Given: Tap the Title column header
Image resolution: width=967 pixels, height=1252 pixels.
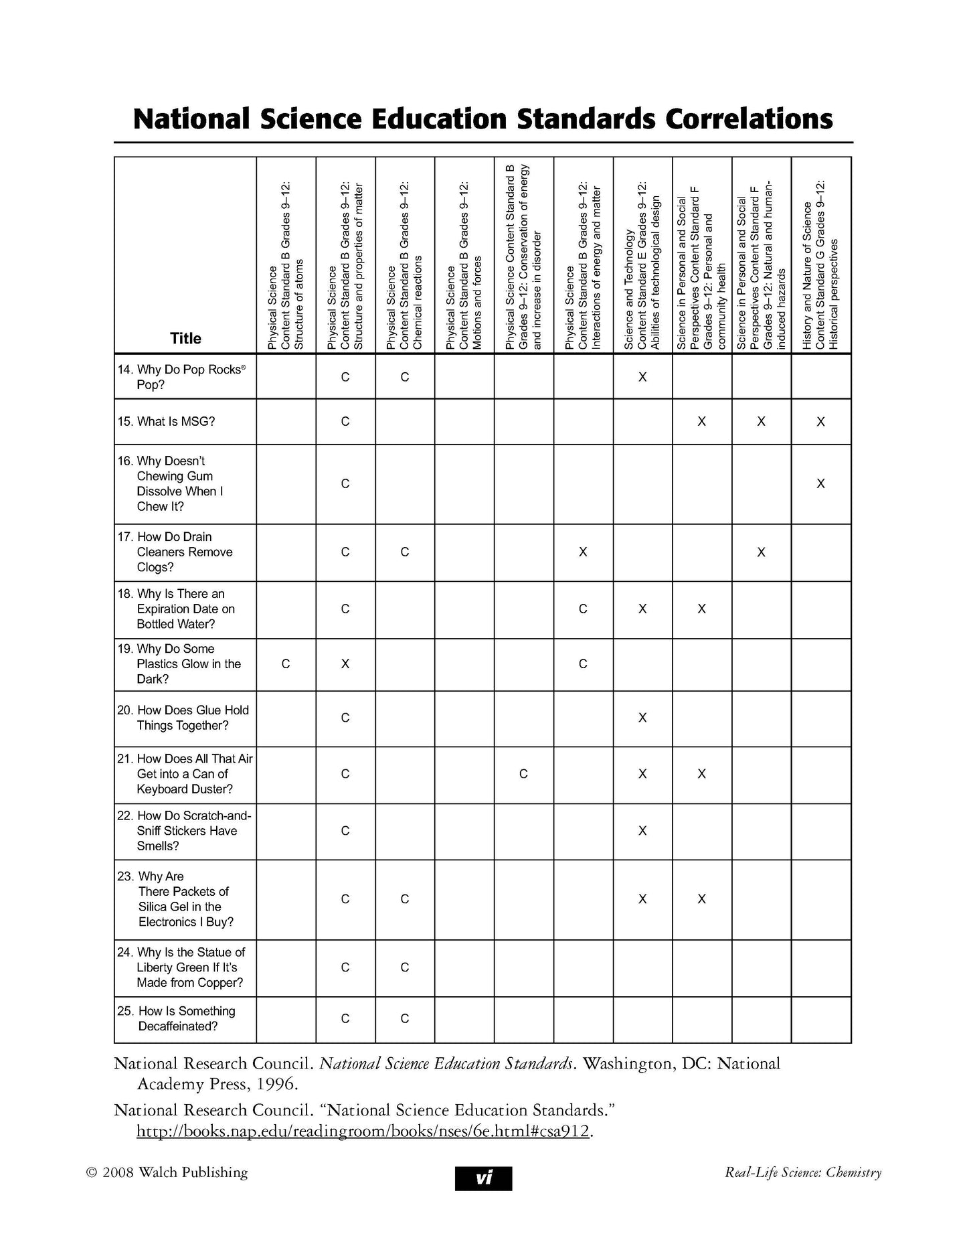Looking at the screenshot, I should [185, 338].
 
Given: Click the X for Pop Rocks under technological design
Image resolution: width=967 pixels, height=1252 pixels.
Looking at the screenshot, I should [642, 377].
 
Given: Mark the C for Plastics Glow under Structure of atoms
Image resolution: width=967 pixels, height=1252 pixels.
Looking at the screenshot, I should [286, 664].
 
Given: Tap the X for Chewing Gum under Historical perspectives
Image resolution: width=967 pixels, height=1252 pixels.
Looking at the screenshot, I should [820, 483].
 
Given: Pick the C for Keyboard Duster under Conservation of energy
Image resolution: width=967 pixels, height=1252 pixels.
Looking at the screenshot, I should [523, 774].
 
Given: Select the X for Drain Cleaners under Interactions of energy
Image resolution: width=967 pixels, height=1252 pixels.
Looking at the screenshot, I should [583, 552].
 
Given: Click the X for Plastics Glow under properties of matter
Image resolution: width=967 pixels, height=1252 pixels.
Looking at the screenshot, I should [345, 664].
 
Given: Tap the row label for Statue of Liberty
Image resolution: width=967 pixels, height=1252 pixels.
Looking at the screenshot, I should [190, 967].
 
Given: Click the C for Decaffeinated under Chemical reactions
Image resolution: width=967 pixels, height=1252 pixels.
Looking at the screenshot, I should [405, 1018].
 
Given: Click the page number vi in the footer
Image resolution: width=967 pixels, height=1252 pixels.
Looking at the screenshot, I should [483, 1178].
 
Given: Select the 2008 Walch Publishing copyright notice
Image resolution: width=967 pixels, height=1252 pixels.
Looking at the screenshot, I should [167, 1172].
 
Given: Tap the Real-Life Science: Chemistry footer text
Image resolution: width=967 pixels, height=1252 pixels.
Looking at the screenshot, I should [802, 1172].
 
